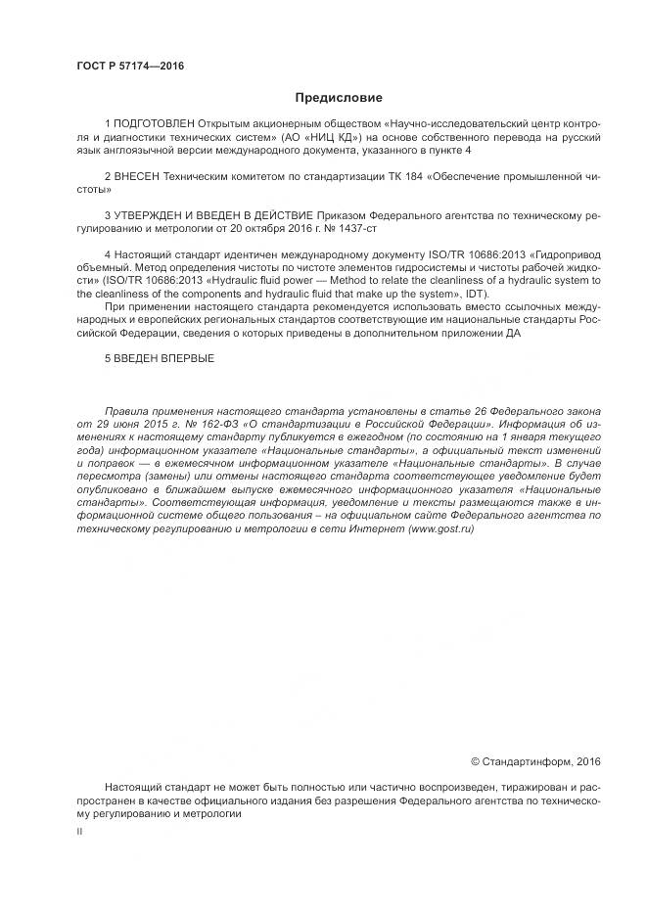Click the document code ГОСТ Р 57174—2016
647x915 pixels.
[130, 67]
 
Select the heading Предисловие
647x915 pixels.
[339, 98]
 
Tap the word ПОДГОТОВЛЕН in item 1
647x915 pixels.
[155, 126]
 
